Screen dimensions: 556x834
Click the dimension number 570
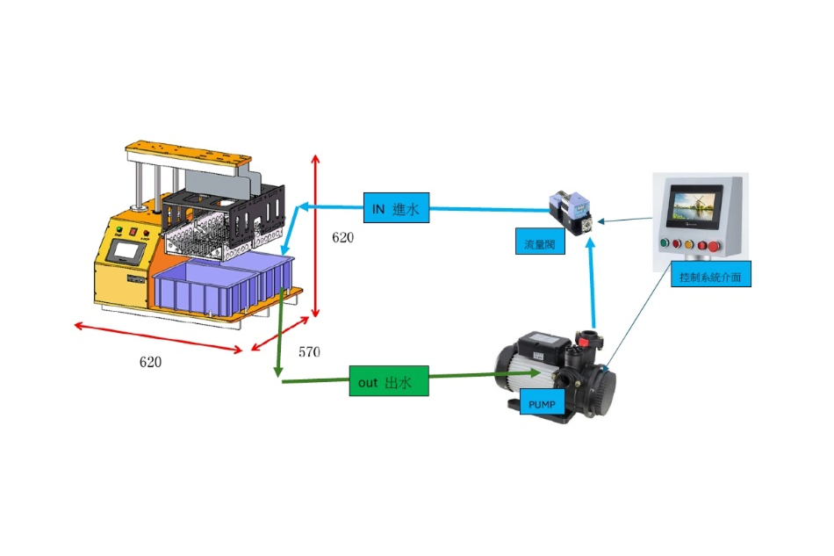click(309, 352)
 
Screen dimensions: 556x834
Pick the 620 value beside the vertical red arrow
click(342, 237)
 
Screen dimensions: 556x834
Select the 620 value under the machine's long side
click(151, 361)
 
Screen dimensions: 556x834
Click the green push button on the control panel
click(665, 243)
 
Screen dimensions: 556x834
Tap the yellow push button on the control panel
click(690, 243)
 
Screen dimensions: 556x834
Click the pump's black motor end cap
click(507, 369)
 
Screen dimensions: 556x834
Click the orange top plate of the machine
click(184, 152)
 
